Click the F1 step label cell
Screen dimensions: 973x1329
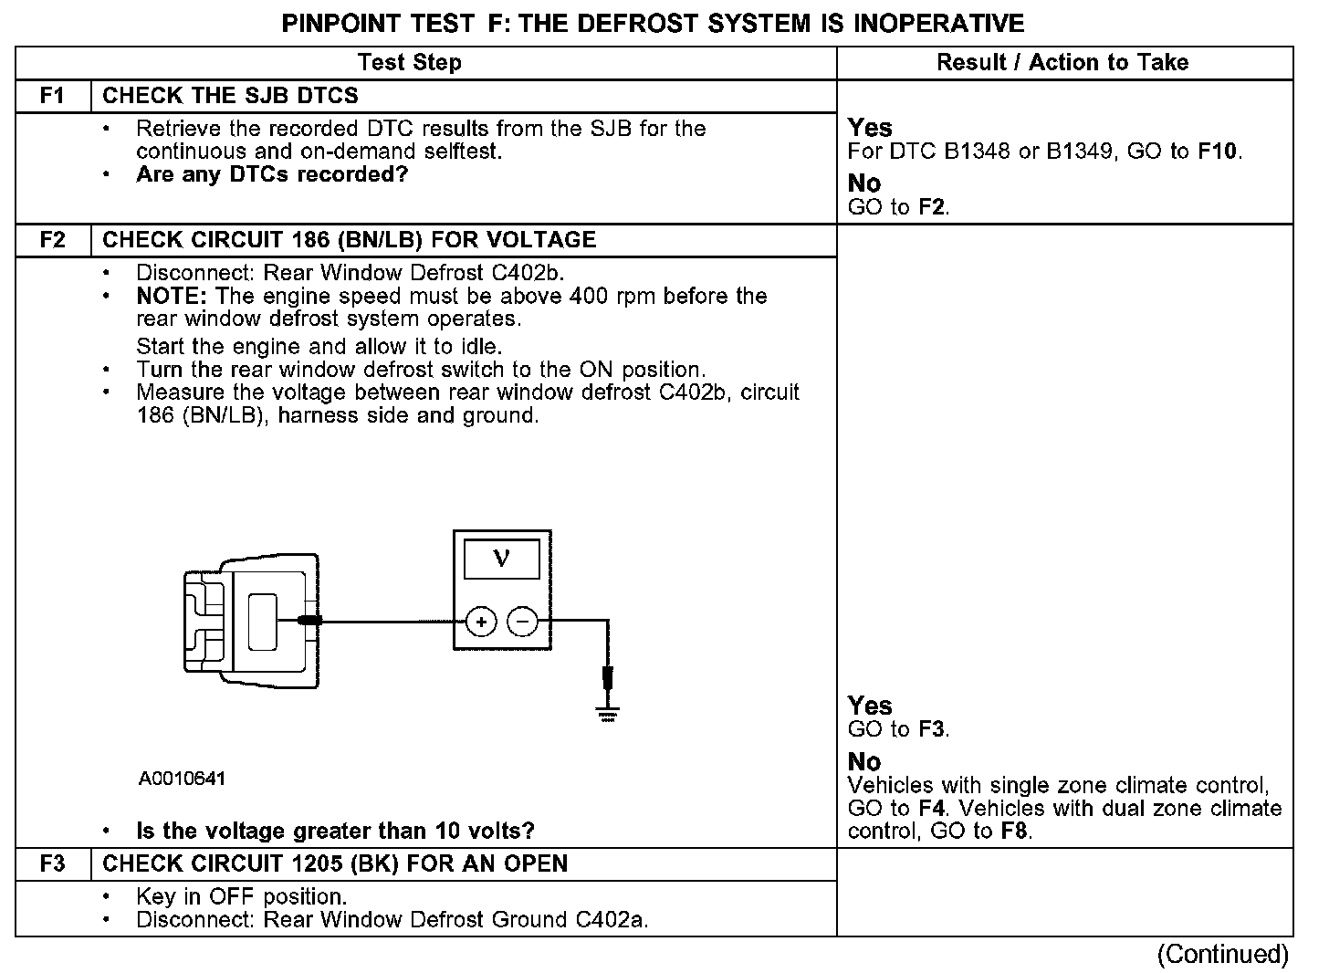(53, 96)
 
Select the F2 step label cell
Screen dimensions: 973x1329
(53, 240)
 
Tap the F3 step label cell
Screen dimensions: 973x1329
(53, 863)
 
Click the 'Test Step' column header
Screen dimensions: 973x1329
(409, 63)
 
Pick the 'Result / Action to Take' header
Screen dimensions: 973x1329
(1062, 63)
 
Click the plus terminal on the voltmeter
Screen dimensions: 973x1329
(481, 623)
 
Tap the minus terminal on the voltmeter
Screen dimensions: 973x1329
(522, 623)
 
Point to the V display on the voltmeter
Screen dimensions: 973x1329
(501, 559)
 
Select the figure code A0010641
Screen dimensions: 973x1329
(182, 779)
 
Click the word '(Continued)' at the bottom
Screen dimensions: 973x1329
(1222, 955)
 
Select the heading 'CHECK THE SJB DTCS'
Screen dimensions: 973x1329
(230, 96)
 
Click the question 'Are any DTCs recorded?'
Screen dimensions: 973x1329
(271, 174)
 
